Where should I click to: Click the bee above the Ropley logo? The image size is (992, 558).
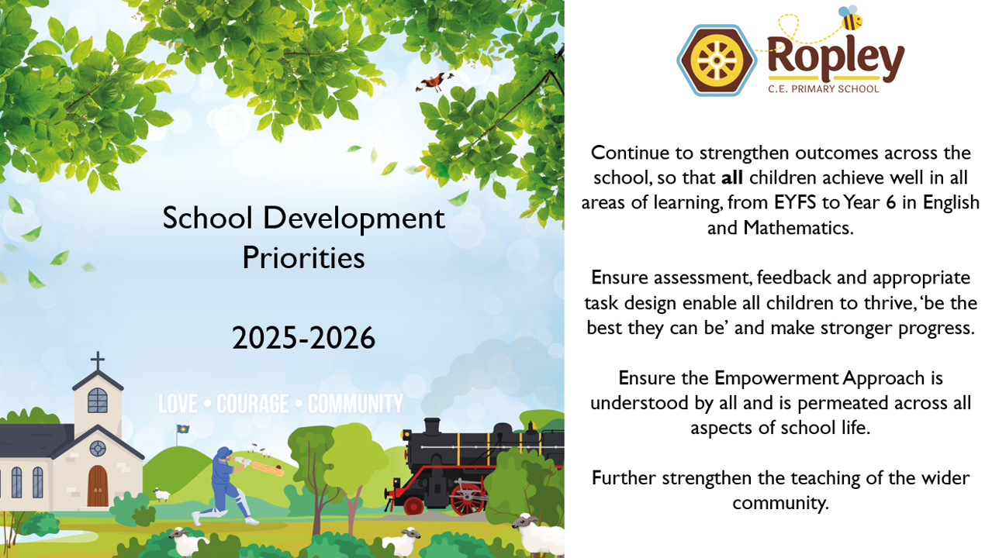851,18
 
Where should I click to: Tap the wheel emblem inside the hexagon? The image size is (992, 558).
717,60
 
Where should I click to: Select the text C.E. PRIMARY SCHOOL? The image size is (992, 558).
823,89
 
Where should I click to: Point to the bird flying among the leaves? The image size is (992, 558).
434,82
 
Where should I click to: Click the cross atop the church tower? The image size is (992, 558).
98,360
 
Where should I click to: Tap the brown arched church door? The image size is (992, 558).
98,486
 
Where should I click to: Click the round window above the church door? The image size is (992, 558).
98,448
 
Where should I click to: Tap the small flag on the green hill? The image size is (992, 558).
182,429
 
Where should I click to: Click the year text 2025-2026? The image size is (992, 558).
303,338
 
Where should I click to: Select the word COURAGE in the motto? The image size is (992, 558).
252,404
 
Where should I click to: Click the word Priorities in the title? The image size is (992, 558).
303,257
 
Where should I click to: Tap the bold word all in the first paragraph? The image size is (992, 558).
732,177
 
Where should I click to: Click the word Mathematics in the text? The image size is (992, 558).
797,227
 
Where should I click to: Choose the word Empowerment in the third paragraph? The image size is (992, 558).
776,378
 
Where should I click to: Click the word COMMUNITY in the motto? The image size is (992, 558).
355,404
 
